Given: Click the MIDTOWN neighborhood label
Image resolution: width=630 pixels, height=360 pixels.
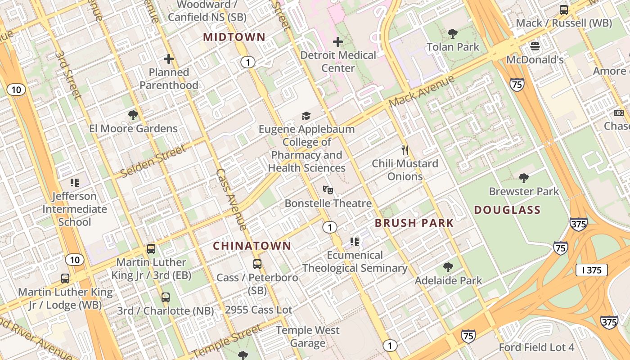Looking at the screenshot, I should pos(234,37).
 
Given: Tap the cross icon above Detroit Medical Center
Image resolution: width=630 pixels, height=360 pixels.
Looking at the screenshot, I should pos(338,42).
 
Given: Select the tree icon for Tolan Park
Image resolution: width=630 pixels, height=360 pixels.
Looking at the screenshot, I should pos(453,33).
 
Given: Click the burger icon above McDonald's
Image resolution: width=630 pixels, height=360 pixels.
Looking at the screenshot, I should pos(535,46).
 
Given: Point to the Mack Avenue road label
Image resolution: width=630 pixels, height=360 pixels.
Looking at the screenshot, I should pos(422,91).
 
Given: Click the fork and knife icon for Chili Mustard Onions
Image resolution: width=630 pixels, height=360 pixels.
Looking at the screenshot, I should pos(405,150).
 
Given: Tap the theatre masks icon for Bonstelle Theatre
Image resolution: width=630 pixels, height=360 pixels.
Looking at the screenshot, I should pos(328,190).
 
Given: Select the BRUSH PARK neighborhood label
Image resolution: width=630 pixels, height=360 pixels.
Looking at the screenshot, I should pos(414,223).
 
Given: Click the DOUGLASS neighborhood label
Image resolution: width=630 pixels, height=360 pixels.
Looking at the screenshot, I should pos(507,210).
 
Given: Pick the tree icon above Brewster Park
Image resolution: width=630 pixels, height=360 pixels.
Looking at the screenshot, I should pos(523,178).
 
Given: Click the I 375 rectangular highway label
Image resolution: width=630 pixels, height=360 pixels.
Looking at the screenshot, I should pos(592,270).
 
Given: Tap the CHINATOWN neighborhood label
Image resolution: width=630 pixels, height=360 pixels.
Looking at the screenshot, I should pos(252,246).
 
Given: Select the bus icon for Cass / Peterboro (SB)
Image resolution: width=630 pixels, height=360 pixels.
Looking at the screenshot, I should pos(257,264).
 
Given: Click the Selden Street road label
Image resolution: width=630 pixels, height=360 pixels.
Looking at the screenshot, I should pos(153,161).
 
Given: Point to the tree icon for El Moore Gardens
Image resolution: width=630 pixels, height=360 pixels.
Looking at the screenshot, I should pos(133,115).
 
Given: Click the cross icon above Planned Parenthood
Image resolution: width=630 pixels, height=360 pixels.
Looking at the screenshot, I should pos(169,59).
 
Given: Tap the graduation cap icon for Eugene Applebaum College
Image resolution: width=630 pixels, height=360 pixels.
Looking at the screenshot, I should pos(306,116).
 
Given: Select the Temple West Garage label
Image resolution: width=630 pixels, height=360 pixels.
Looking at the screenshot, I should pos(308,337).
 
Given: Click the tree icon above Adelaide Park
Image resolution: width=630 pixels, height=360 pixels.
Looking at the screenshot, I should pos(448,267).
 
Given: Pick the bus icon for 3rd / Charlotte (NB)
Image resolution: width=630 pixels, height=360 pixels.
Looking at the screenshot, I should pos(166,297).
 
